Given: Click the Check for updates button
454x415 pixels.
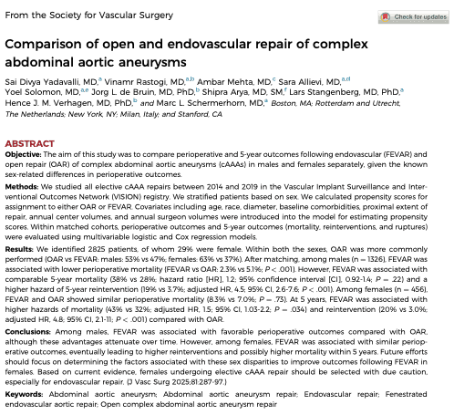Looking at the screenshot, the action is click(x=413, y=16).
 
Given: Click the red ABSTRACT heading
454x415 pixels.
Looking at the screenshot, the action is click(x=29, y=143).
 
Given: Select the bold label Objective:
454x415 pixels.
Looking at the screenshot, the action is click(x=23, y=154).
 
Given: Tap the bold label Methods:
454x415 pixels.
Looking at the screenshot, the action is click(x=22, y=187).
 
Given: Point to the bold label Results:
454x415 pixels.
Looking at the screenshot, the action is click(x=19, y=249).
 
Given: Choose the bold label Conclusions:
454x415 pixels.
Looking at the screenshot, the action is click(x=27, y=332).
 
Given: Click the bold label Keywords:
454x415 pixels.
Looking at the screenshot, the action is click(x=24, y=394).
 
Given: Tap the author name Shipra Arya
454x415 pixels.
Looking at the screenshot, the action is click(x=224, y=92).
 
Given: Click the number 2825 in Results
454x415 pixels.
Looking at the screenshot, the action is click(x=97, y=249).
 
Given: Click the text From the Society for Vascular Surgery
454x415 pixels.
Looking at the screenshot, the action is click(x=89, y=16).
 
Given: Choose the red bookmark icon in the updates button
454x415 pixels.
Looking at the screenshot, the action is click(x=386, y=16).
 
